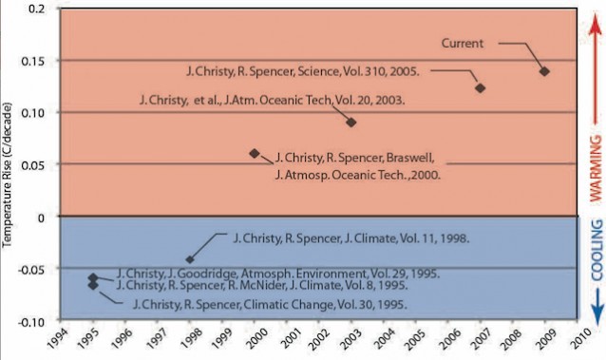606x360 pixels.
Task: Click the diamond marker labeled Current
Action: (544, 71)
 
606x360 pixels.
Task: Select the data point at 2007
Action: (481, 87)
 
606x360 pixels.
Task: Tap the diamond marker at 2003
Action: (351, 122)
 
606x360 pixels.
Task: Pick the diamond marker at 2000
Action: (254, 153)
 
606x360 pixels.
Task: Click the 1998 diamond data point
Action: (190, 258)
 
